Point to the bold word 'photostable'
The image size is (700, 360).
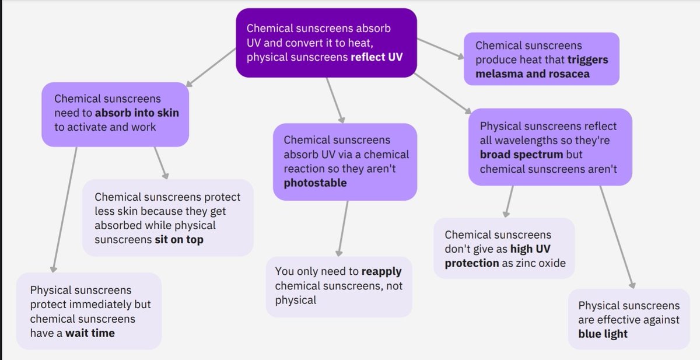[315, 183]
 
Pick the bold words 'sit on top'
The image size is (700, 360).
[178, 239]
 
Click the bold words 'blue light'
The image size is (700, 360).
[603, 334]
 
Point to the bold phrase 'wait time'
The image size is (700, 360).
[90, 333]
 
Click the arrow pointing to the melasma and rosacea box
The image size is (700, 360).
[440, 48]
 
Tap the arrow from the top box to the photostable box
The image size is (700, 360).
[335, 99]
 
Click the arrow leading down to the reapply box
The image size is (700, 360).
[342, 228]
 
